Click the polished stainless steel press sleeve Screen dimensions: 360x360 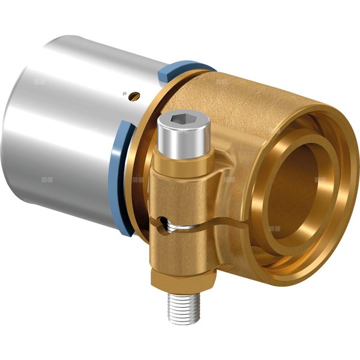pos(72,108)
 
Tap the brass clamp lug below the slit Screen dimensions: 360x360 pos(180,252)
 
